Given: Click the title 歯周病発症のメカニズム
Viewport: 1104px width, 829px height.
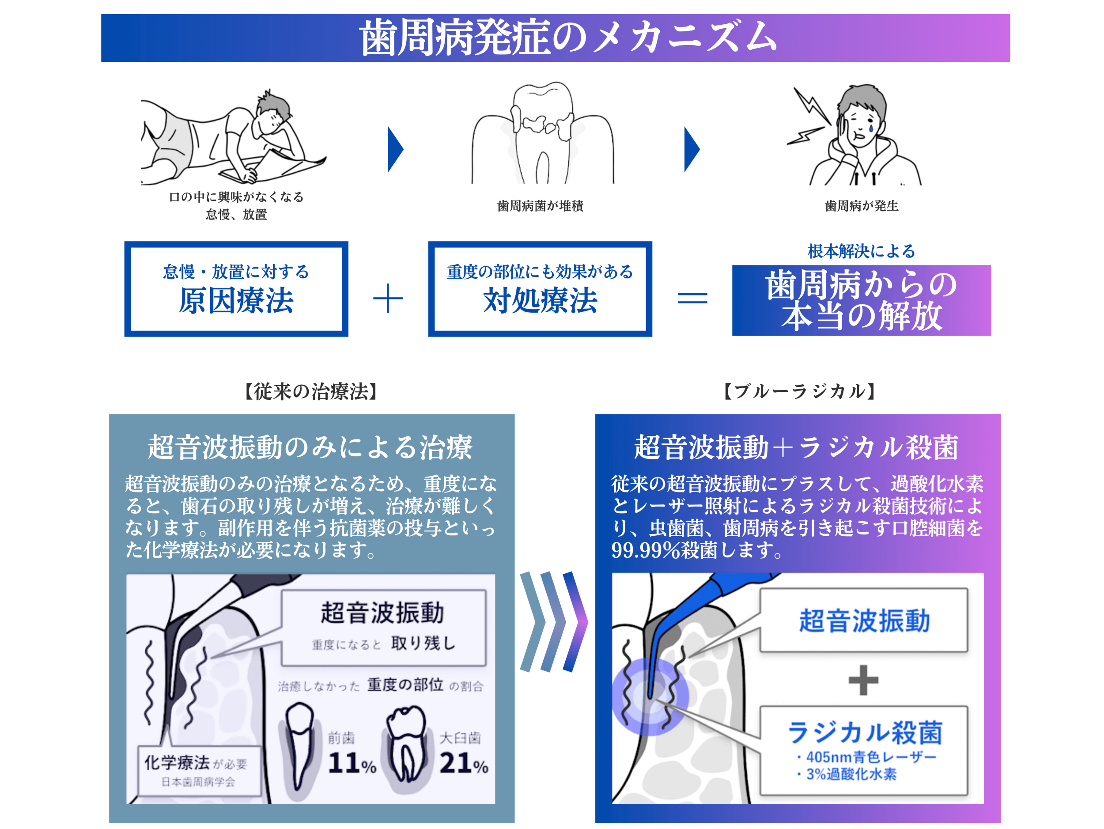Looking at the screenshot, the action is tap(568, 38).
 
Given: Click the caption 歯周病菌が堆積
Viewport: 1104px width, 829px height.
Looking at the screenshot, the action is tap(540, 206).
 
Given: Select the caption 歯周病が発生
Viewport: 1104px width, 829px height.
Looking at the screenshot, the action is tap(862, 206).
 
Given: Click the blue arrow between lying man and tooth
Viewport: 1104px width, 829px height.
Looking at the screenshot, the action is tap(395, 149).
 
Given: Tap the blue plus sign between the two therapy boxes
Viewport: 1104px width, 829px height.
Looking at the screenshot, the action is tap(388, 299).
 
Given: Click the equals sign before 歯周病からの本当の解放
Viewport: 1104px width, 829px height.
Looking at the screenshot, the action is tap(692, 298).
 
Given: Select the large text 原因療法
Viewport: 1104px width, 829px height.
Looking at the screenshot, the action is tap(236, 300).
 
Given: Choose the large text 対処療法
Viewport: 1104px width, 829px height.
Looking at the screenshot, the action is tap(540, 300).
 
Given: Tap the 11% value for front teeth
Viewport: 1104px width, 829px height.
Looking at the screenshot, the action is tap(352, 763).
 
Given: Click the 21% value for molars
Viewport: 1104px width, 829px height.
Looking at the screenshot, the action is tap(464, 763).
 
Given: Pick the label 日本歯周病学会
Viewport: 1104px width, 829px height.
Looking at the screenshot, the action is tap(198, 782).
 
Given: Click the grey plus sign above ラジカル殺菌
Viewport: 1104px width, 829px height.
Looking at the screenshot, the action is tap(863, 680).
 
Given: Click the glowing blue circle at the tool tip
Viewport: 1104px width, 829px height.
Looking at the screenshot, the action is tap(650, 696).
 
